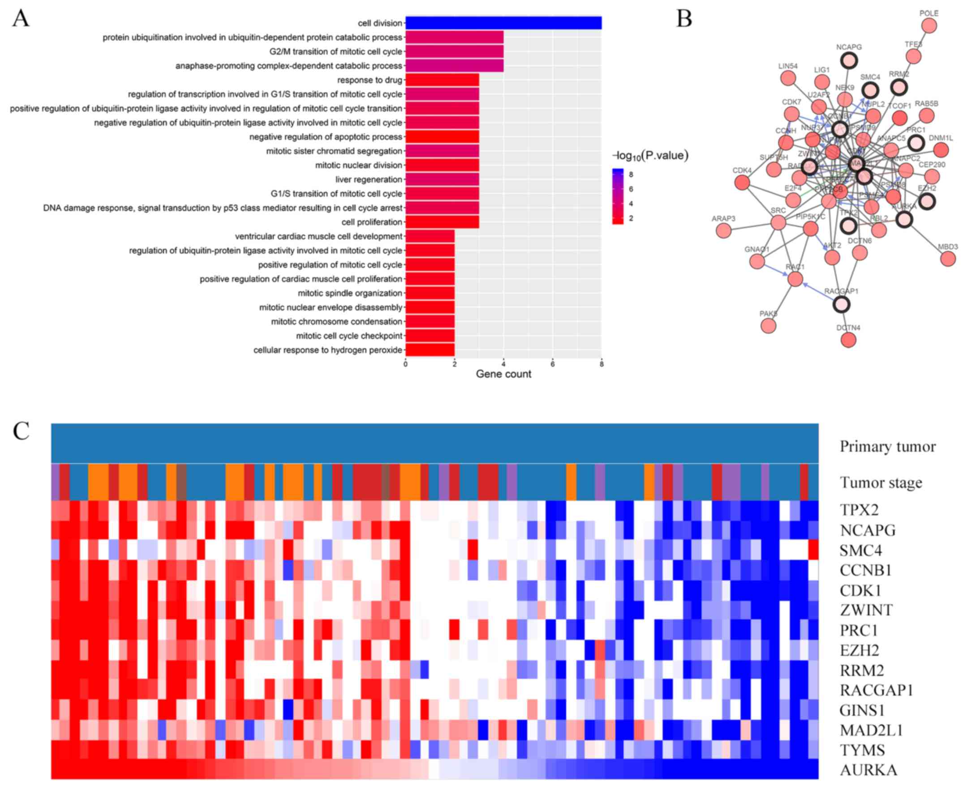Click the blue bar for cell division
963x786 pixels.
tap(503, 23)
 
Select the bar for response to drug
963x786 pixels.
tap(442, 80)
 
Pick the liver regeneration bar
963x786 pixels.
tap(442, 180)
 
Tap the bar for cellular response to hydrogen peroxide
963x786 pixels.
tap(430, 350)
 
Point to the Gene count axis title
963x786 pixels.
tap(503, 374)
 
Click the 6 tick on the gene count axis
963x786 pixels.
tap(552, 364)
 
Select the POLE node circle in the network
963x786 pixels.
tap(929, 26)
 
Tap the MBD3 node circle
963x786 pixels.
tap(948, 259)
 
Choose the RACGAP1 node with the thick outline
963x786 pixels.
tap(841, 305)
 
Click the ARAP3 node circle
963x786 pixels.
tap(723, 231)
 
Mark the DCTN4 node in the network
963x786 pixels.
tap(848, 340)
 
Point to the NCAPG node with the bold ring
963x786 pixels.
tap(849, 60)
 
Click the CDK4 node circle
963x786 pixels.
tap(741, 183)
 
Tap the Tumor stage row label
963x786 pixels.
tap(881, 483)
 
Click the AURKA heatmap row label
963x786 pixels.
tap(868, 770)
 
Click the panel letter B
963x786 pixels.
tap(684, 19)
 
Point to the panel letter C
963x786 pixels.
tap(21, 431)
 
